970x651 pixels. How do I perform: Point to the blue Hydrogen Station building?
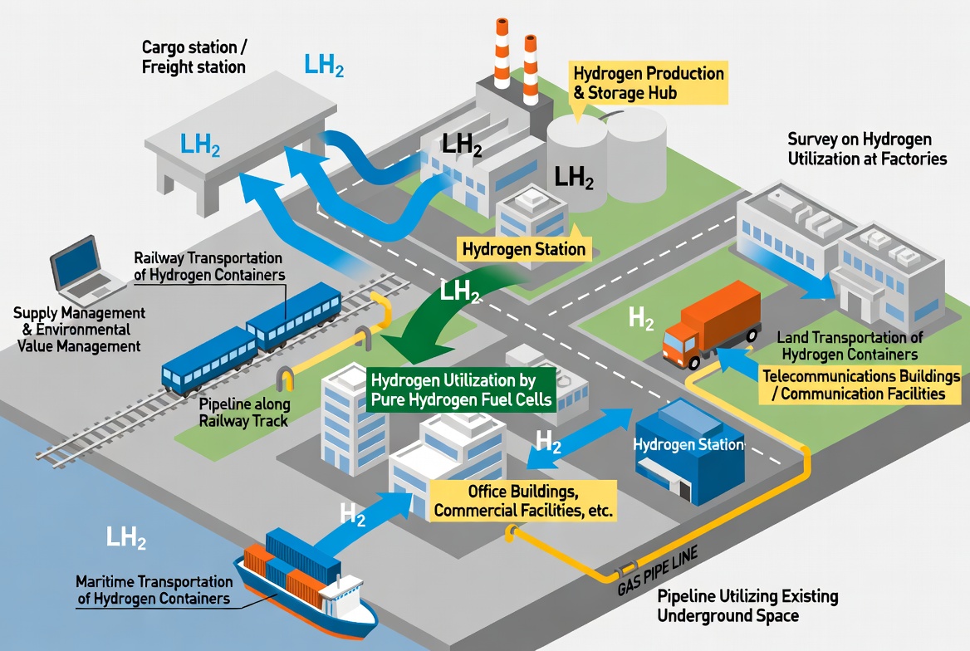pyautogui.click(x=690, y=451)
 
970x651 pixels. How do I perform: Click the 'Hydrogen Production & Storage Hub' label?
pyautogui.click(x=648, y=83)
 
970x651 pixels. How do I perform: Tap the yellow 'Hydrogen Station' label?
pyautogui.click(x=524, y=249)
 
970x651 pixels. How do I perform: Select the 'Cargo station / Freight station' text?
pyautogui.click(x=194, y=57)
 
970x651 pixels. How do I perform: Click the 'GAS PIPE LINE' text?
pyautogui.click(x=658, y=570)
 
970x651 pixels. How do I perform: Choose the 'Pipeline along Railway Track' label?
pyautogui.click(x=243, y=413)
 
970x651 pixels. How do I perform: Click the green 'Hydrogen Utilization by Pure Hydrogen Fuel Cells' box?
pyautogui.click(x=461, y=390)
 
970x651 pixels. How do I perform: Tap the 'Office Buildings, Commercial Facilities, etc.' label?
pyautogui.click(x=522, y=501)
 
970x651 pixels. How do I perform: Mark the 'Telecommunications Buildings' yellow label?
pyautogui.click(x=860, y=384)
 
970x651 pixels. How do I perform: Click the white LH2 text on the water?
pyautogui.click(x=126, y=537)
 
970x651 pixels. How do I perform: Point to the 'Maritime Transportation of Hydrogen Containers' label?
pyautogui.click(x=154, y=590)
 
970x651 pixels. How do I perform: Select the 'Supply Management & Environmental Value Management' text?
pyautogui.click(x=79, y=329)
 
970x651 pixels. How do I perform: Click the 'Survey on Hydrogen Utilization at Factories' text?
pyautogui.click(x=867, y=149)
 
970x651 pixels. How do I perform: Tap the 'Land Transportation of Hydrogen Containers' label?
pyautogui.click(x=850, y=346)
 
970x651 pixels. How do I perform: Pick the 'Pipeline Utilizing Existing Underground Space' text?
pyautogui.click(x=747, y=606)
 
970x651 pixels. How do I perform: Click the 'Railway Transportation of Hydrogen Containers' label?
pyautogui.click(x=209, y=266)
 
